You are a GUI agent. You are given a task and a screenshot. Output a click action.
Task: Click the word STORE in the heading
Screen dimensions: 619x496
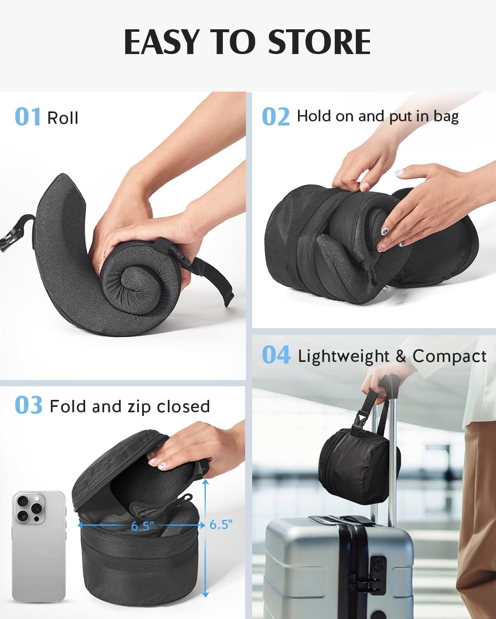point(319,42)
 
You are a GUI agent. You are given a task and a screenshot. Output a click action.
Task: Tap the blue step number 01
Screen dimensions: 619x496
point(27,117)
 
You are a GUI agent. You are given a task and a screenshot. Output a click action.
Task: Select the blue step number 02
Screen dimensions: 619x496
point(275,117)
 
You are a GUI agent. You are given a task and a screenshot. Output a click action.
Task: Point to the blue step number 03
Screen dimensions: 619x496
point(28,406)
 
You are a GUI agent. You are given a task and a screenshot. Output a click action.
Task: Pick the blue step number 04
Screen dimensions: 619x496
point(276,355)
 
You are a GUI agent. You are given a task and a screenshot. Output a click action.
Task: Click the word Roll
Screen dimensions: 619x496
point(62,118)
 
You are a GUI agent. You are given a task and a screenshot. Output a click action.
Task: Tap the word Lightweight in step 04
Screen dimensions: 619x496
point(343,356)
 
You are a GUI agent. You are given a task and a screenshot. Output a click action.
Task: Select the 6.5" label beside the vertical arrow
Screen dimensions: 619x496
point(221,524)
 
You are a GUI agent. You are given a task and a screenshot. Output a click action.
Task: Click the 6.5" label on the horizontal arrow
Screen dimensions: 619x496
point(143,526)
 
